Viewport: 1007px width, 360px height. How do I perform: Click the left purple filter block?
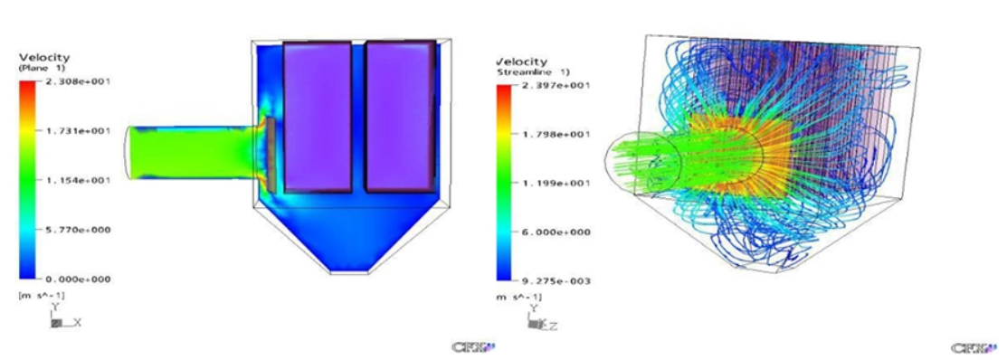(x=318, y=117)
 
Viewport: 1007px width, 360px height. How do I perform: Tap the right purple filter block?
(x=400, y=117)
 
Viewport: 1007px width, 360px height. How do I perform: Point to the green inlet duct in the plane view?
(x=190, y=151)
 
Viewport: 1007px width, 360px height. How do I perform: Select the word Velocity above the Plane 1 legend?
(x=43, y=58)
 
